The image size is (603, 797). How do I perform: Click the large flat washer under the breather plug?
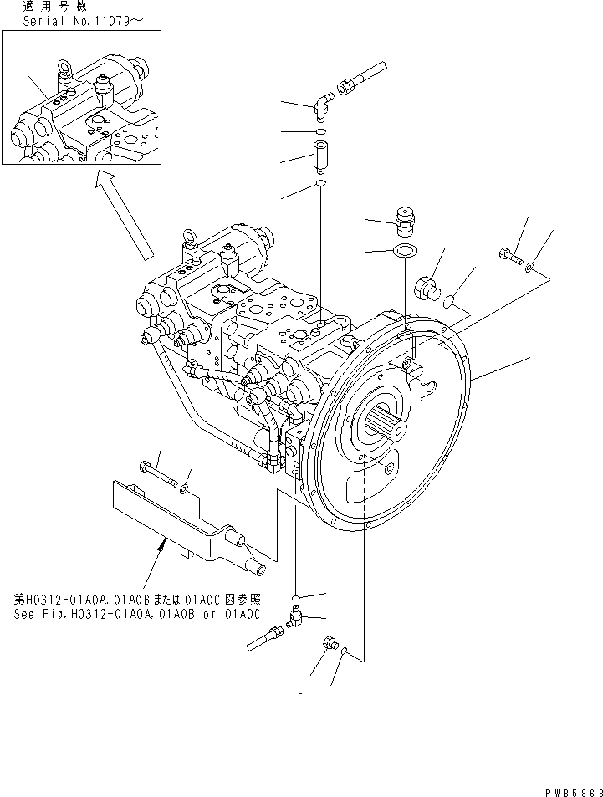coord(403,251)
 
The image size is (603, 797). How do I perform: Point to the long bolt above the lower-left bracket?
coord(159,476)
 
